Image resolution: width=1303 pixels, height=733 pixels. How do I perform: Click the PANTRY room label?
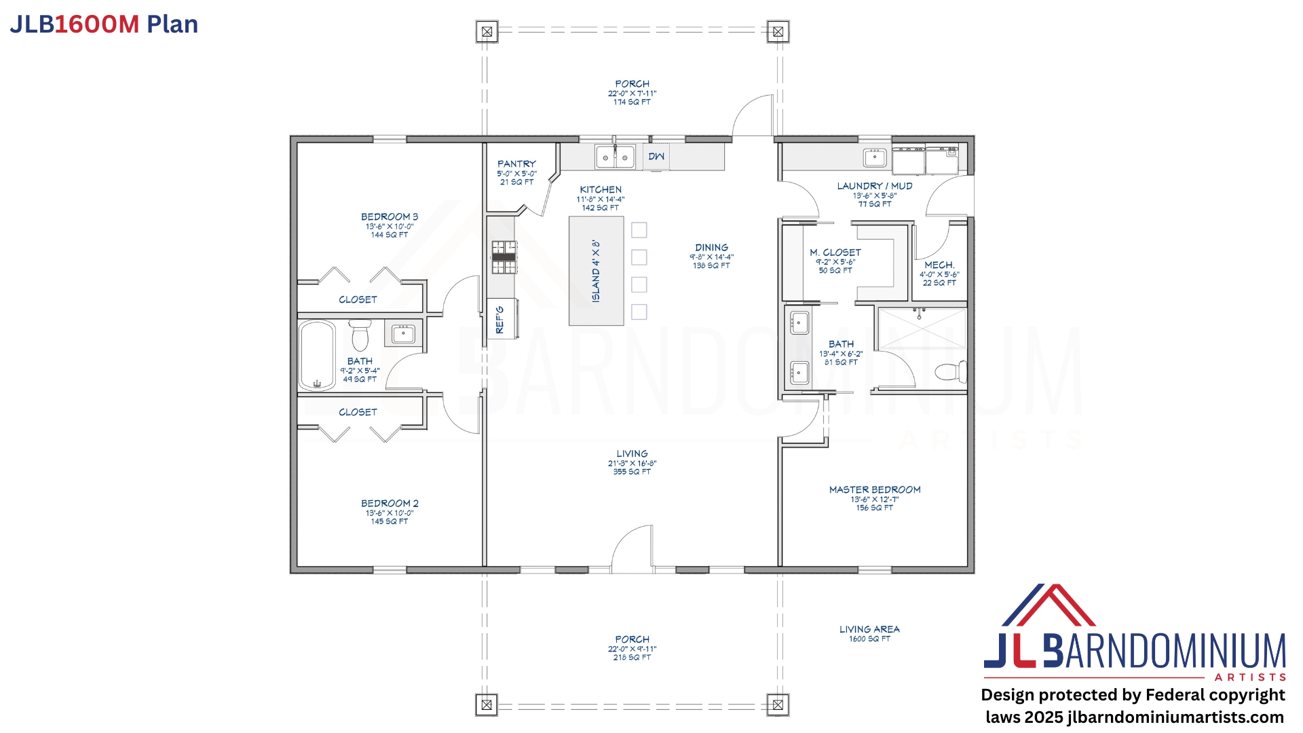coord(516,164)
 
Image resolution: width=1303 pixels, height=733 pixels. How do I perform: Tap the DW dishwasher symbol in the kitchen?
coord(656,157)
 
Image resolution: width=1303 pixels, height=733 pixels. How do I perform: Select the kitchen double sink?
coord(615,157)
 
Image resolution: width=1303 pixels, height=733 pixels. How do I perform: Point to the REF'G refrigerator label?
coord(500,319)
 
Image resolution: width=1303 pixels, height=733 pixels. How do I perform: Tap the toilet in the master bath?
coord(951,371)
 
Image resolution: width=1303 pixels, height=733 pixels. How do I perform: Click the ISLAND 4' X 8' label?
coord(596,271)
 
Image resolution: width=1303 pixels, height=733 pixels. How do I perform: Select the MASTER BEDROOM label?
coord(875,490)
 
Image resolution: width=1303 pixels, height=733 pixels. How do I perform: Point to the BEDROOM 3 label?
coord(390,217)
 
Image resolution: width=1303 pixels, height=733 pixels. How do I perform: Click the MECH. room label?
coord(939,265)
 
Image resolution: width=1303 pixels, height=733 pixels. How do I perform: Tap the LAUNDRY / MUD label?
coord(875,186)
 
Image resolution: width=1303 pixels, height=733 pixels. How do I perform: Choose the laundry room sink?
coord(875,158)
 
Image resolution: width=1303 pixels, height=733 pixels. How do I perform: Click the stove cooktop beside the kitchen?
coord(504,257)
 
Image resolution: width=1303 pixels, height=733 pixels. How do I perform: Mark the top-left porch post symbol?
coord(487,32)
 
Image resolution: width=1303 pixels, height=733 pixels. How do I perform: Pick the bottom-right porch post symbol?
coord(778,704)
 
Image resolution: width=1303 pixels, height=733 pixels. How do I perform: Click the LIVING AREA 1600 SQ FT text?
coord(869,634)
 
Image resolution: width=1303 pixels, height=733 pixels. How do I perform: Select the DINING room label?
coord(711,248)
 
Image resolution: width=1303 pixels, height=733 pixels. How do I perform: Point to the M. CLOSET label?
coord(835,252)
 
